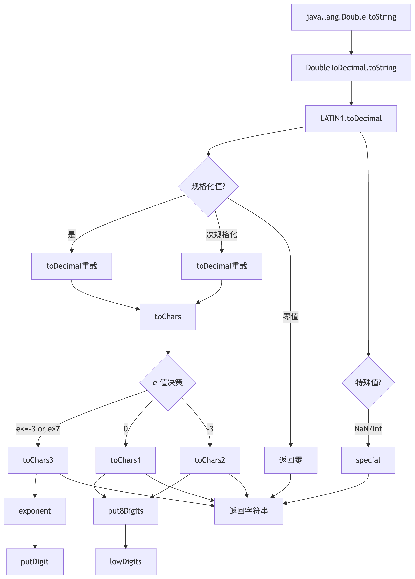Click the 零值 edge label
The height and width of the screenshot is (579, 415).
[x=290, y=317]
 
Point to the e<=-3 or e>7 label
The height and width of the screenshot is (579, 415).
[x=38, y=429]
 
